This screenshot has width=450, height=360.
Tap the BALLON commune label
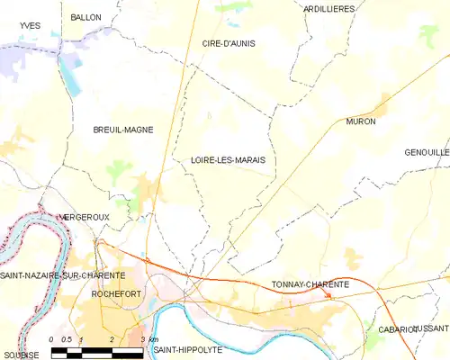[86, 17]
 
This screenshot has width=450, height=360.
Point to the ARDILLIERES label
[329, 9]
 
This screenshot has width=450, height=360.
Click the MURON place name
[360, 121]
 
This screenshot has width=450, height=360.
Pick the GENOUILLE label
[427, 152]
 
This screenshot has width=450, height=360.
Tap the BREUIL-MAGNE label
[123, 130]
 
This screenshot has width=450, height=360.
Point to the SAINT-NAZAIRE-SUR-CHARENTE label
[62, 274]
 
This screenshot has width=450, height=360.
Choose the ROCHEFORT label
[119, 293]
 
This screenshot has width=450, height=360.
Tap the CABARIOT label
[398, 330]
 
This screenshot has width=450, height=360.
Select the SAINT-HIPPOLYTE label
[187, 348]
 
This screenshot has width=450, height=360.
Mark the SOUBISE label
[20, 355]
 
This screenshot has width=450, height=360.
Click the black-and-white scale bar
[97, 354]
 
